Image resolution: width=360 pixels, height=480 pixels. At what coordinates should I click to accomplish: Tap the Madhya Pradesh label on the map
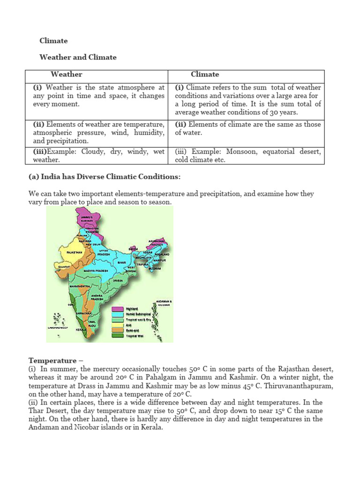click(96, 271)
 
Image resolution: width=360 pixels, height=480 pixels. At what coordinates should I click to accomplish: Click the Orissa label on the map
click(118, 280)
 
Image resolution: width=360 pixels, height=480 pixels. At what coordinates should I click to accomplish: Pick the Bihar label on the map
click(122, 263)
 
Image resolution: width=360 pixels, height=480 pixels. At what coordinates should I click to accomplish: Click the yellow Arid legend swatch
click(117, 324)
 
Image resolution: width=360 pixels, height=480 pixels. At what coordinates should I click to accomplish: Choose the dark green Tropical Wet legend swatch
click(117, 335)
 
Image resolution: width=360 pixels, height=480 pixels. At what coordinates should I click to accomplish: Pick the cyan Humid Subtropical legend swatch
click(117, 314)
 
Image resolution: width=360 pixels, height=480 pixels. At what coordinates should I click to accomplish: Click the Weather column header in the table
click(66, 74)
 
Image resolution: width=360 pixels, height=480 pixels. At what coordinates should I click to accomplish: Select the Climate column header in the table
click(205, 74)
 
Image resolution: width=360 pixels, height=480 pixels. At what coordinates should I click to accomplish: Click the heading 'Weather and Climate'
click(78, 57)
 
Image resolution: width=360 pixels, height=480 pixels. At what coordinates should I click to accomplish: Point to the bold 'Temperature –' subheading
click(52, 360)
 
